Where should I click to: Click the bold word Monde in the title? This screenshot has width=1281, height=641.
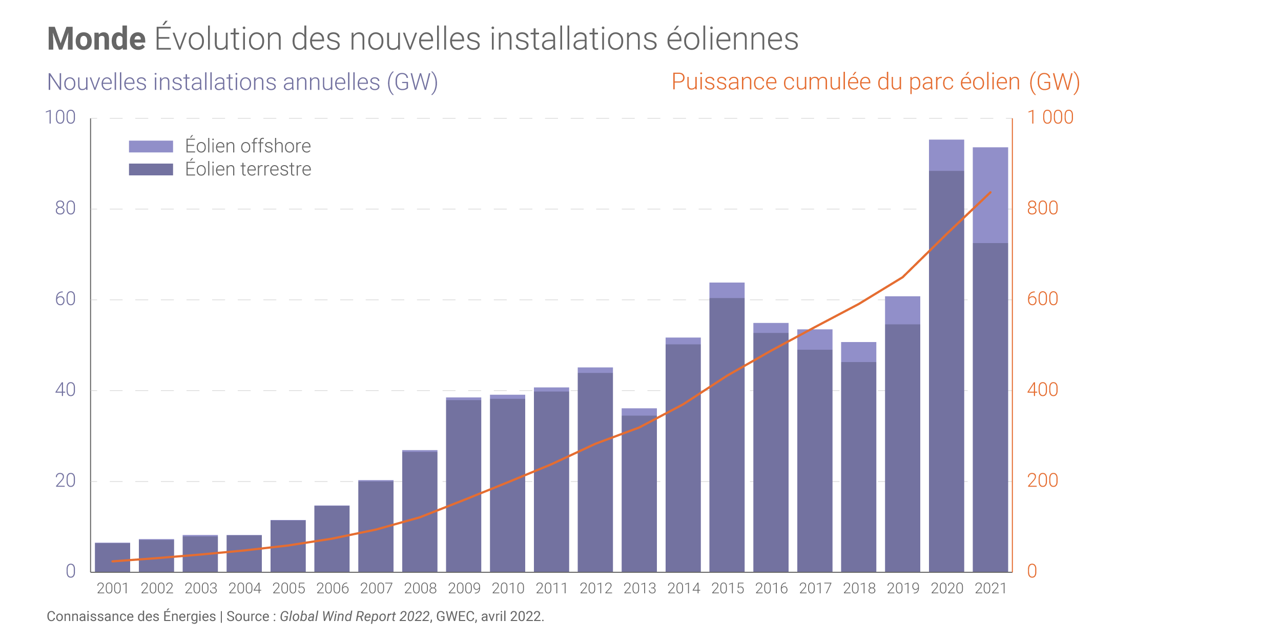coord(96,39)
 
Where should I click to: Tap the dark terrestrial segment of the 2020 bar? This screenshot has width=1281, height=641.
coord(946,369)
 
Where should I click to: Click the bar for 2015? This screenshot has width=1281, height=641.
coord(727,431)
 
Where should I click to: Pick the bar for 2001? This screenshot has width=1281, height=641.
coord(112,557)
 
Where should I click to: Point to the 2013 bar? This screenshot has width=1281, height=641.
coord(639,492)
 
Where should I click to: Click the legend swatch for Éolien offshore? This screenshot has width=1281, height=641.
coord(151,147)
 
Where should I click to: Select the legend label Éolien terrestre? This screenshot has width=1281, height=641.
coord(248,169)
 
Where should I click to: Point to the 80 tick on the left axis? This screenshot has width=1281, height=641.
coord(65,208)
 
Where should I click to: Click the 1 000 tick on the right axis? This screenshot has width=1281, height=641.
coord(1050,117)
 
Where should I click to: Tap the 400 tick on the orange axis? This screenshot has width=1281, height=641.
coord(1042,390)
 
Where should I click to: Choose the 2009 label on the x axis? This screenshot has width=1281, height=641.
coord(464,588)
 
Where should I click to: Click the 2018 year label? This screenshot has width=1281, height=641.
coord(859,588)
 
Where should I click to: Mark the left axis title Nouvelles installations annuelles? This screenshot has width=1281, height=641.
coord(242,82)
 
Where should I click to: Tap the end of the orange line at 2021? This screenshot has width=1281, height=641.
coord(990,193)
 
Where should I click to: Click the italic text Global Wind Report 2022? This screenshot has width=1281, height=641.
coord(355,616)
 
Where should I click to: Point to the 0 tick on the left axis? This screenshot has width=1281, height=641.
coord(71,571)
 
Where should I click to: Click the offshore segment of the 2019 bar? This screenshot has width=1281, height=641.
coord(902,310)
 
